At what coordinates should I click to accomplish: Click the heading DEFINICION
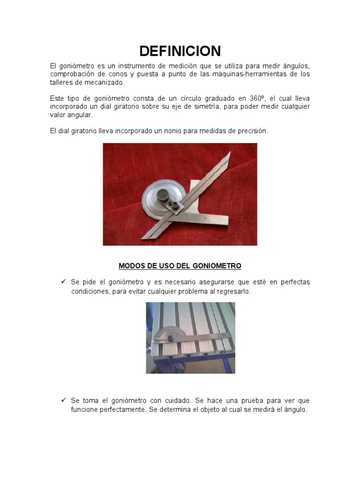pos(180,51)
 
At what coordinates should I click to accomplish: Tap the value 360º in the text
pos(257,98)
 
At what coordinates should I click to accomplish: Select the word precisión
pos(252,131)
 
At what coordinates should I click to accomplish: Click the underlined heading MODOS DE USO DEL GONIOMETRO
pos(180,266)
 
